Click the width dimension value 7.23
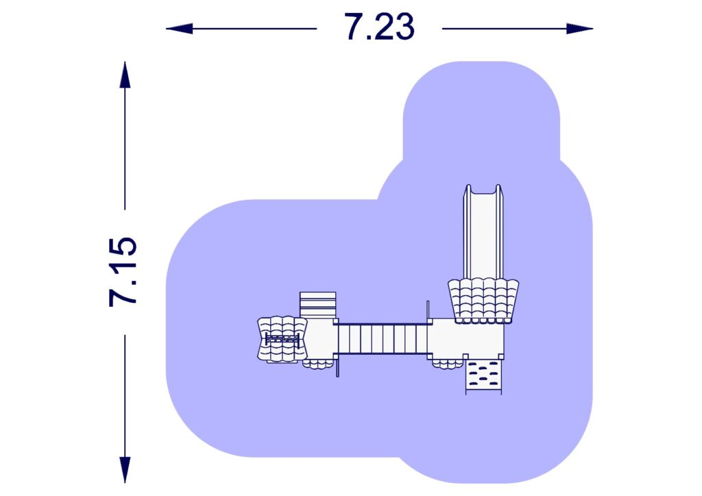point(379,27)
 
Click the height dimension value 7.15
point(124,271)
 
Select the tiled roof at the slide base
point(483,300)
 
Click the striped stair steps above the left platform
point(318,304)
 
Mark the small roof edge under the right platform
point(446,364)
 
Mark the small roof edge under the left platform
point(316,363)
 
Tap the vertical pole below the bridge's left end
point(337,367)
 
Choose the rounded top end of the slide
point(483,188)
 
